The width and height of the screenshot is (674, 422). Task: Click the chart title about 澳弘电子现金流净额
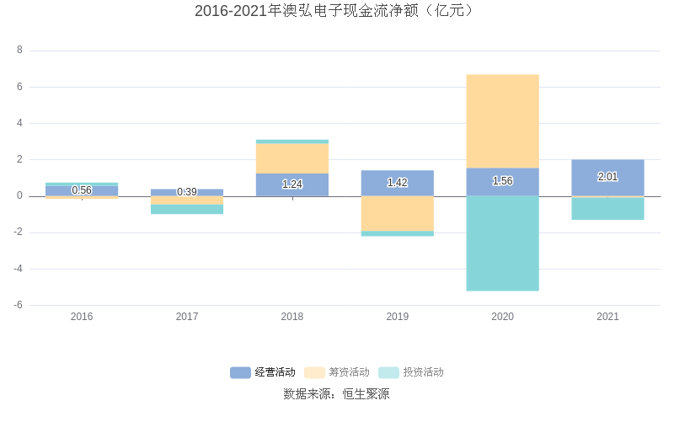(336, 11)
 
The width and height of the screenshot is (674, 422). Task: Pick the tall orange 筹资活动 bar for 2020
(502, 120)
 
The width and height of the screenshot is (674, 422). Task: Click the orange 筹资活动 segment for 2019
(397, 213)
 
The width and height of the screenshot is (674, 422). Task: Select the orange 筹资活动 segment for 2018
(292, 158)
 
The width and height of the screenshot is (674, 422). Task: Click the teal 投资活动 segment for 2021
(607, 208)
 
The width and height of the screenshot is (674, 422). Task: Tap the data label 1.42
(397, 183)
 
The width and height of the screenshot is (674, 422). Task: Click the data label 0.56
(82, 190)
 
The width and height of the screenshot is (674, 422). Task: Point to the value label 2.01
(607, 177)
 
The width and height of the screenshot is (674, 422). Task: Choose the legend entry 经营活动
(263, 372)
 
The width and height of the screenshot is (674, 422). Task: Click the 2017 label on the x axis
(187, 317)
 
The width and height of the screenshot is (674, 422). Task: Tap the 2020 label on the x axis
(502, 317)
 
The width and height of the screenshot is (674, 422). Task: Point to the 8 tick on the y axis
(19, 51)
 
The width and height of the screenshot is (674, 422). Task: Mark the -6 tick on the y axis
(18, 305)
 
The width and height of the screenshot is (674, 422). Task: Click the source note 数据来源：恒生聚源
(336, 394)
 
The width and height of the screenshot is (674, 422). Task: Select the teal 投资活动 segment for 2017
(187, 209)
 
